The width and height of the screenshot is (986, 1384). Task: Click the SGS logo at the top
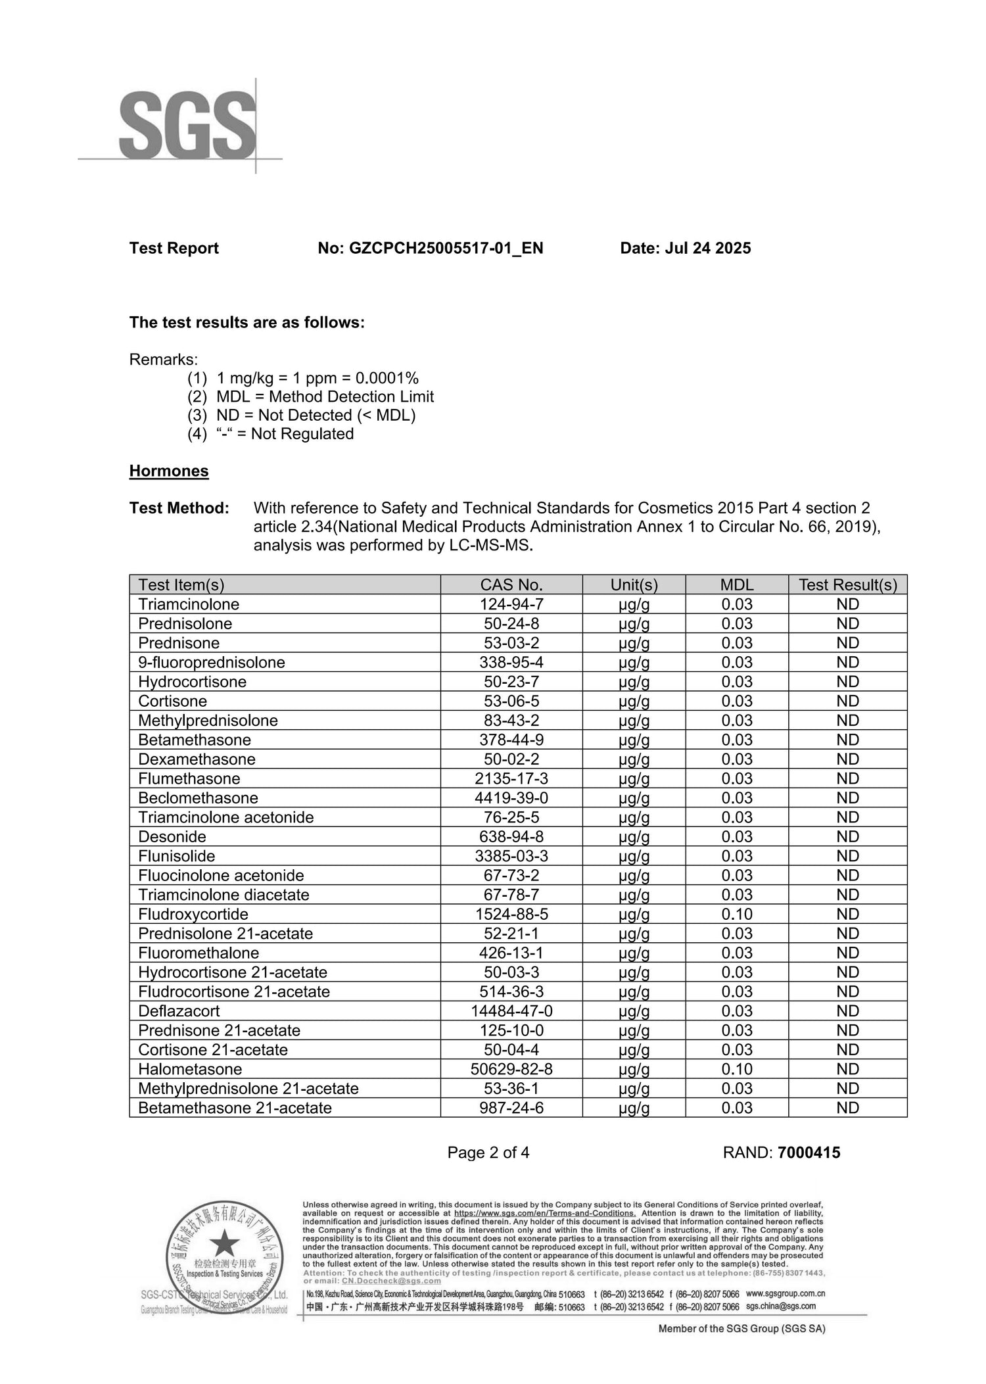[x=187, y=125]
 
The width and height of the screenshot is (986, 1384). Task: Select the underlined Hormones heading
[x=169, y=471]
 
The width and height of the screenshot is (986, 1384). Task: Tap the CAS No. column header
[x=511, y=585]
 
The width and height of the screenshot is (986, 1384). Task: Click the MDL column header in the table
[x=737, y=585]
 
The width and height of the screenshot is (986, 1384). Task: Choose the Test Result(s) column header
[x=847, y=585]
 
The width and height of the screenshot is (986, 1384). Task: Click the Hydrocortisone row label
[x=192, y=682]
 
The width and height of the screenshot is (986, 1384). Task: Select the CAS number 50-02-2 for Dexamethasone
[x=511, y=759]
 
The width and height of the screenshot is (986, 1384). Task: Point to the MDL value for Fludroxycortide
[x=737, y=914]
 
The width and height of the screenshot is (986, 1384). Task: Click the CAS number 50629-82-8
[x=511, y=1069]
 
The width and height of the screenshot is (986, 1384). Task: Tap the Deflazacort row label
[x=179, y=1011]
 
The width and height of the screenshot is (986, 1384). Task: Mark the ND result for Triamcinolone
[x=847, y=604]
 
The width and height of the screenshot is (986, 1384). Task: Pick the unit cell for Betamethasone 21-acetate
[x=634, y=1108]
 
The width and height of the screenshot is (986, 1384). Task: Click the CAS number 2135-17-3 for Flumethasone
[x=511, y=778]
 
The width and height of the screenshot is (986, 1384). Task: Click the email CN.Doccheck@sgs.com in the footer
[x=391, y=1281]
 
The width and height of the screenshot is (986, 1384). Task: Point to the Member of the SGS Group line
[x=741, y=1328]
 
